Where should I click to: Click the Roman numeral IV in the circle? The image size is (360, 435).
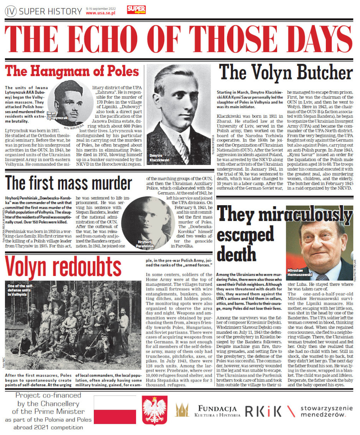click(11, 12)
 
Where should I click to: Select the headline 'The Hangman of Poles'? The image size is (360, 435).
click(73, 71)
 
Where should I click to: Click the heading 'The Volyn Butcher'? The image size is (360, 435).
click(286, 73)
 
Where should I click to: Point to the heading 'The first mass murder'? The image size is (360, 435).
click(69, 183)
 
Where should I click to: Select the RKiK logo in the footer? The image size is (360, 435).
click(263, 411)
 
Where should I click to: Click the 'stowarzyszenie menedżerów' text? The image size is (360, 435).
click(322, 411)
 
